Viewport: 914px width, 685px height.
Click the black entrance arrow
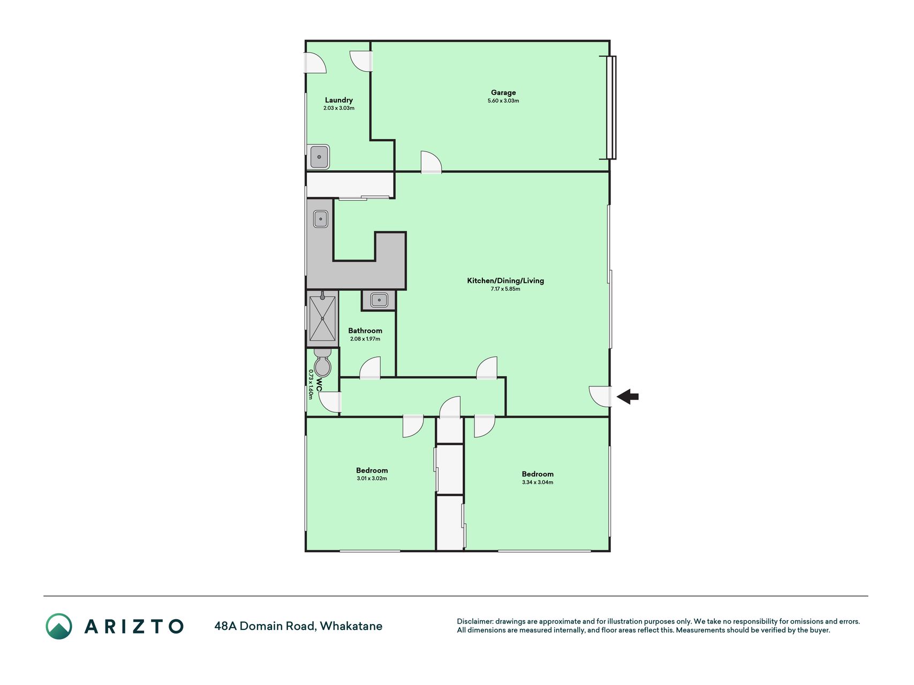[x=628, y=397]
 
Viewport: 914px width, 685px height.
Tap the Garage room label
[x=503, y=93]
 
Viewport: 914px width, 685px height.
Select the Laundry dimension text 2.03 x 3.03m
[x=339, y=108]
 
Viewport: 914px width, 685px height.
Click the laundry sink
[x=319, y=157]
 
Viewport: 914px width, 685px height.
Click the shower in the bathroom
[x=322, y=318]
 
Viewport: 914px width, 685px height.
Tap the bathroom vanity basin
[x=379, y=300]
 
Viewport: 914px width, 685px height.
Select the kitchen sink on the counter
[x=320, y=219]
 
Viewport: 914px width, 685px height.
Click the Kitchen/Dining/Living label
[x=505, y=280]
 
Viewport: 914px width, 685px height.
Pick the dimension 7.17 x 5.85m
[x=505, y=289]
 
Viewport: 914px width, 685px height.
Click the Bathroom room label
[x=365, y=331]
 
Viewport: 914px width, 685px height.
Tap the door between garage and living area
[x=431, y=162]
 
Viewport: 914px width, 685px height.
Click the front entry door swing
[x=600, y=396]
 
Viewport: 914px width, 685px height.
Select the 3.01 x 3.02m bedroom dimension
[x=372, y=478]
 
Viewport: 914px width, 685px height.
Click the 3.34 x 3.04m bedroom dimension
[x=538, y=482]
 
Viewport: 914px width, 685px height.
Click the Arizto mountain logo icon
[x=59, y=626]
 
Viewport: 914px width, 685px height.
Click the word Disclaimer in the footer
[x=474, y=621]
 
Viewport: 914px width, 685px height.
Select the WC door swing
[x=329, y=402]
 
